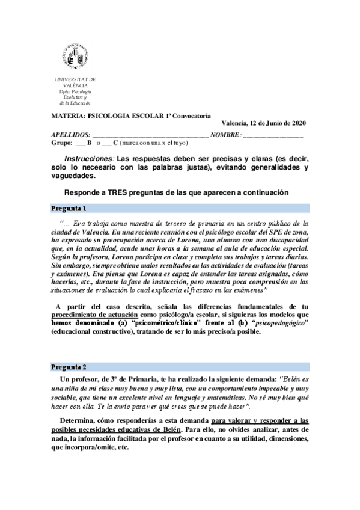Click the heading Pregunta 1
(69, 209)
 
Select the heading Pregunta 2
(69, 367)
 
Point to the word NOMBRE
(225, 135)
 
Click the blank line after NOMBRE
(273, 135)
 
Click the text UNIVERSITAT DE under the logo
(75, 80)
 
